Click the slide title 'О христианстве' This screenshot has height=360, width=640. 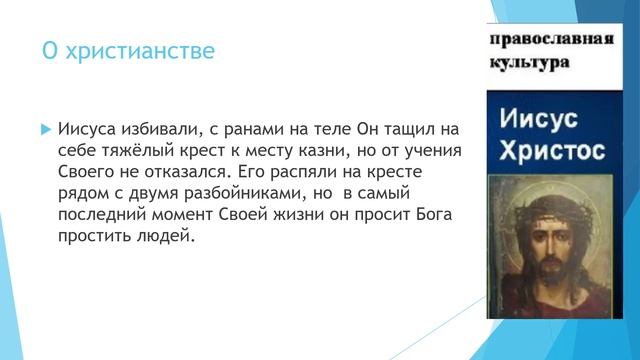point(128,50)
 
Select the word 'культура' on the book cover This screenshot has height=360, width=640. point(530,62)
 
